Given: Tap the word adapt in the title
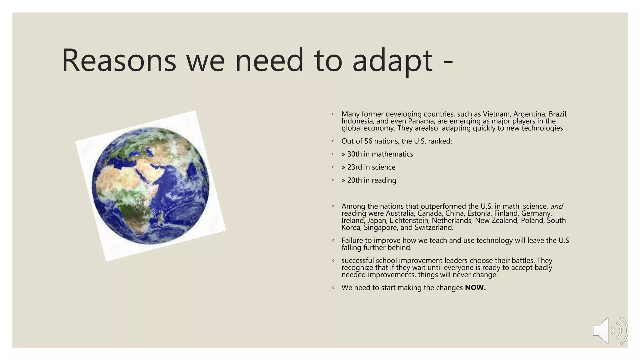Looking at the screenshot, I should pos(392,61).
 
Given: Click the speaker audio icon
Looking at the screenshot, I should pos(610,331).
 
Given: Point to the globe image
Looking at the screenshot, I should pos(150,186).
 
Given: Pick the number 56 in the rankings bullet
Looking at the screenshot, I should pos(368,141).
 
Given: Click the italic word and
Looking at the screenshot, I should pos(556,207).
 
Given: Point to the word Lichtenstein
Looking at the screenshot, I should pos(409,221).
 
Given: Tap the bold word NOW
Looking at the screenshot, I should pos(475,288).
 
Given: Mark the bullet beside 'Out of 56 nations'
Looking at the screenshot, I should pos(333,141).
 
